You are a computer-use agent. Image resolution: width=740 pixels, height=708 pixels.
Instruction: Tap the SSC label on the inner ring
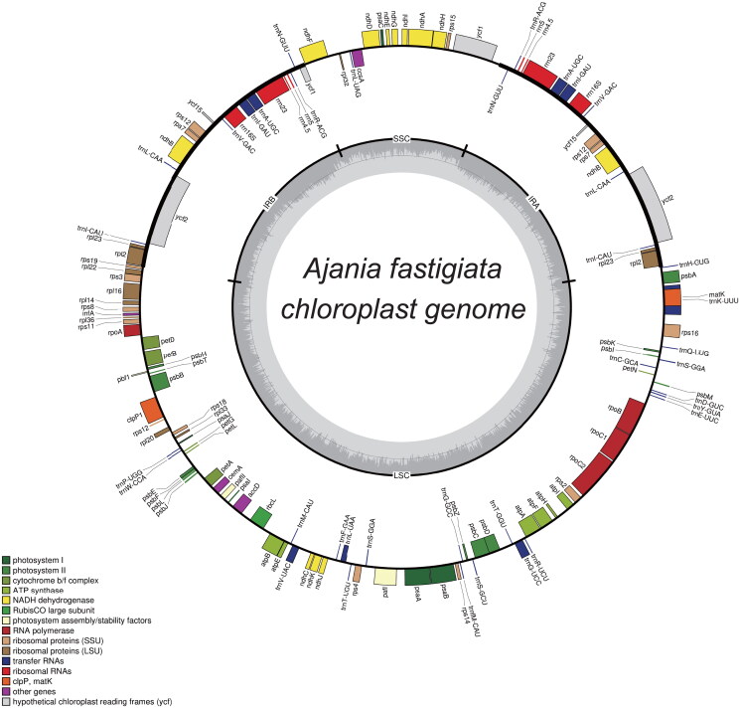401,140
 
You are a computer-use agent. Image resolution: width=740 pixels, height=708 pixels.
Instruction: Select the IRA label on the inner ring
541,199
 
